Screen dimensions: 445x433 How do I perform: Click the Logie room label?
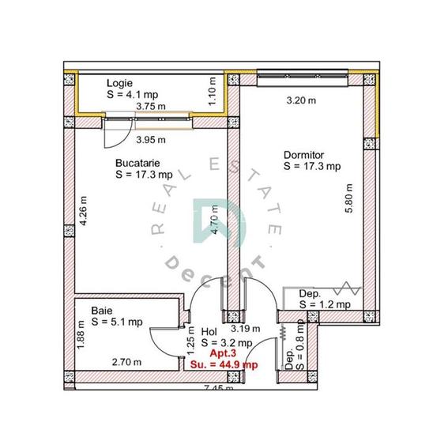[121, 82]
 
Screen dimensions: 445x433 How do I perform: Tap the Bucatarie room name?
[137, 163]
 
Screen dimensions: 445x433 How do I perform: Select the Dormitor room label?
[303, 155]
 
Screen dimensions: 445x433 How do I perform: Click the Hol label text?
[209, 332]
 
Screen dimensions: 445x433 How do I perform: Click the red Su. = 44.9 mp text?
[224, 364]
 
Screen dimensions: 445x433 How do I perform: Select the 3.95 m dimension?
[150, 140]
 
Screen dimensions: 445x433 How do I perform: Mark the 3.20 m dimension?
[301, 100]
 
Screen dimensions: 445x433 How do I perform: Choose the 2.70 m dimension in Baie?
[126, 363]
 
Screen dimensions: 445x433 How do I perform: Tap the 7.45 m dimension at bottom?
[219, 389]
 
